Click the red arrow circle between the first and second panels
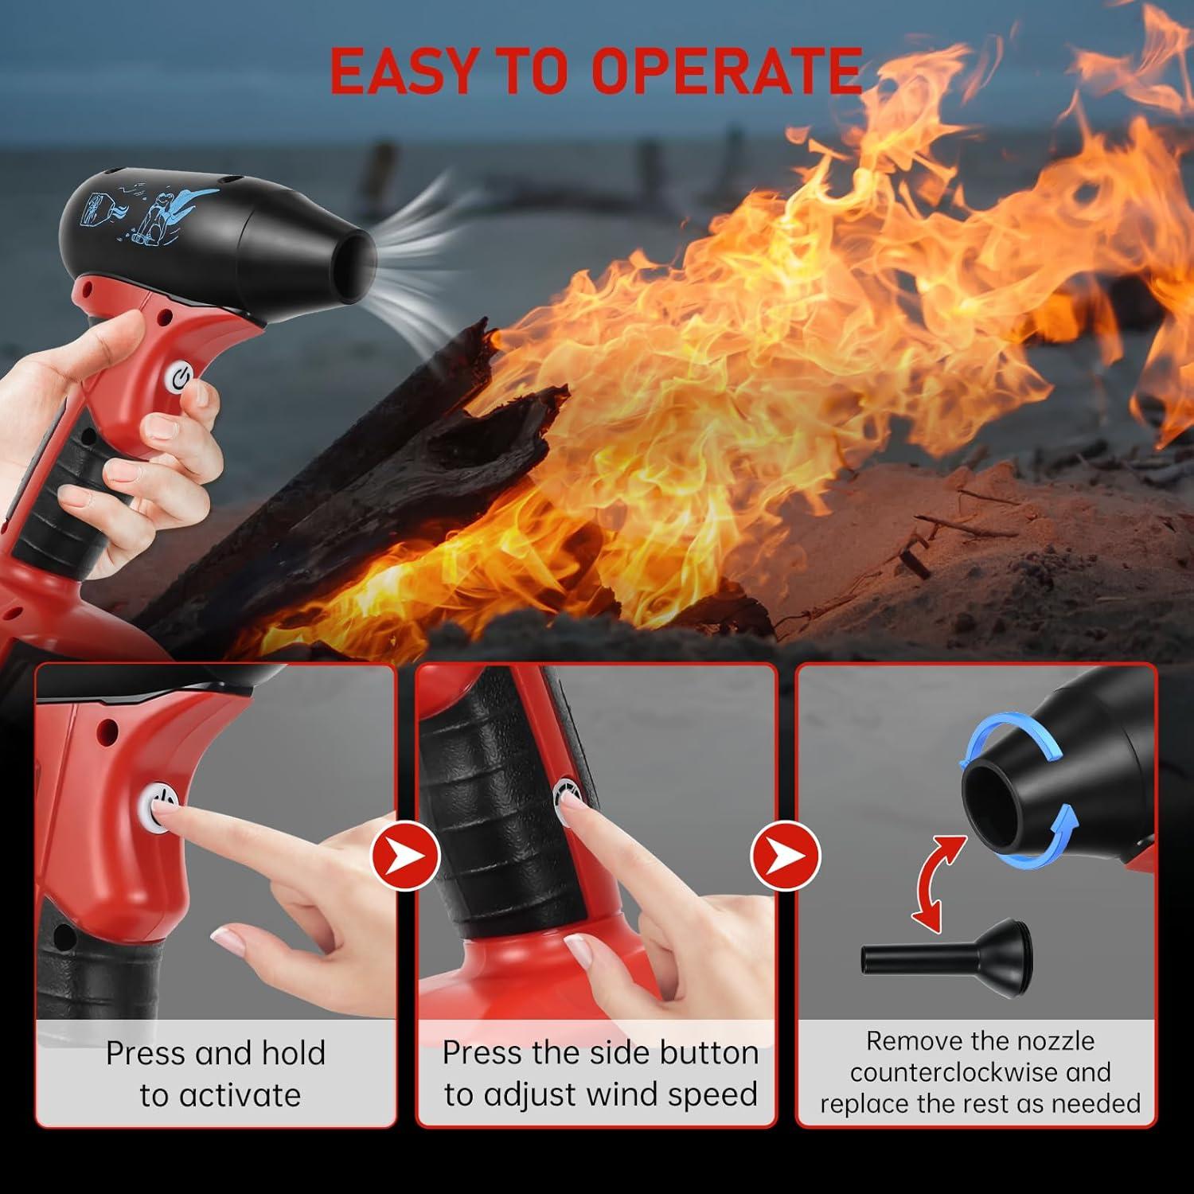pos(405,854)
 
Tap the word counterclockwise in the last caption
pos(953,1072)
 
